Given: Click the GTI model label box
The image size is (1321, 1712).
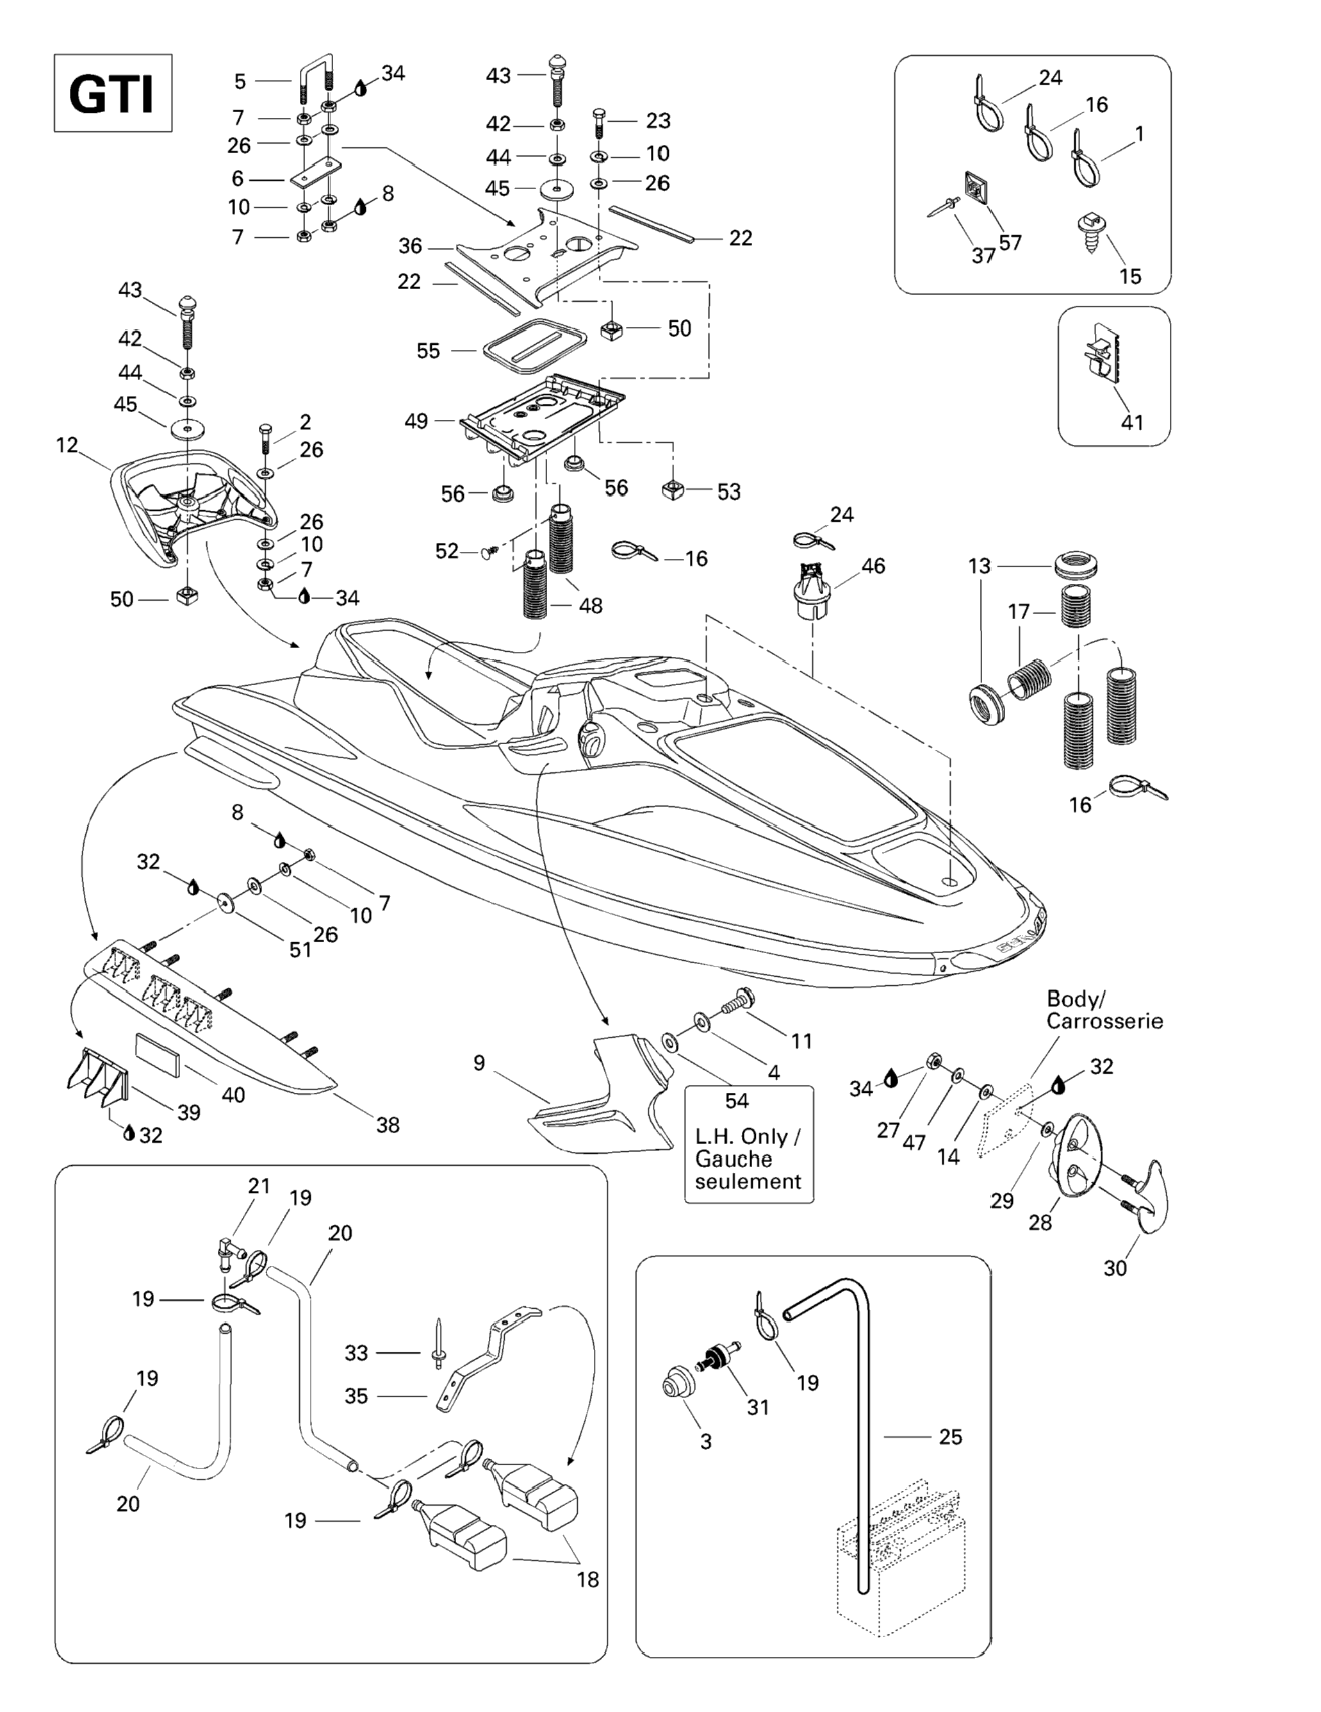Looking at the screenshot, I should tap(113, 94).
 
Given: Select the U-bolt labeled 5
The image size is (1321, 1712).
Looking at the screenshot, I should tap(316, 74).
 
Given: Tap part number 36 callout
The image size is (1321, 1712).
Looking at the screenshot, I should tap(410, 246).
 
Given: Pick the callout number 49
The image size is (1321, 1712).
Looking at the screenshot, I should tap(416, 421).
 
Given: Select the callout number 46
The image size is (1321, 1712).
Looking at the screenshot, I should tap(873, 565).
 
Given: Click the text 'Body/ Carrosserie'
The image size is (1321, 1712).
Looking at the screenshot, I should tap(1104, 1010).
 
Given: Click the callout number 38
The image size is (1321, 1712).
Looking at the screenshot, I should tap(388, 1125).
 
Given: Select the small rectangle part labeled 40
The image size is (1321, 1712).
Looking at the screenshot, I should tap(159, 1051).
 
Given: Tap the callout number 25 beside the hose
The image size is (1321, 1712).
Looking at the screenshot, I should tap(951, 1437).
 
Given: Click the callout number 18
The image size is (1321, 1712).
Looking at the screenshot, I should tap(587, 1579).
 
